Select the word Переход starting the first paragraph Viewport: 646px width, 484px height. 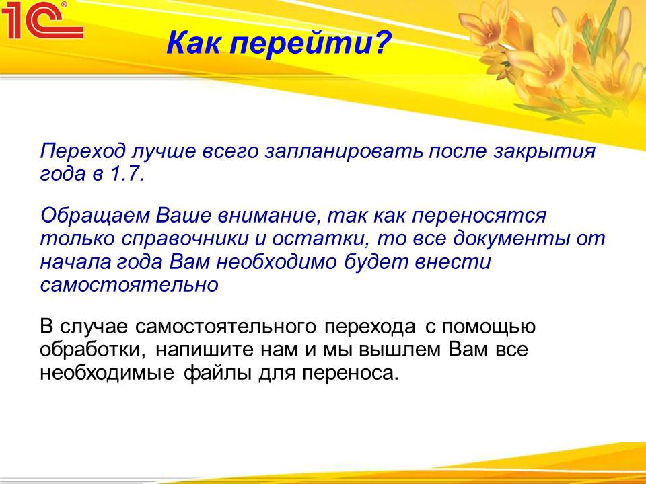(82, 151)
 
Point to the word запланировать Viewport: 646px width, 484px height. (344, 151)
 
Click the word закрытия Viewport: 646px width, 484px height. (544, 151)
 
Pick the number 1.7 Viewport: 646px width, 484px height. (127, 174)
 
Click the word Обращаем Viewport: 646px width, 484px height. (95, 216)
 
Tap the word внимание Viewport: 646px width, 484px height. (269, 216)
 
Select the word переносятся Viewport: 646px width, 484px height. (479, 216)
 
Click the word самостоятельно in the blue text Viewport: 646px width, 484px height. (129, 285)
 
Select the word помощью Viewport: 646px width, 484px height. (489, 327)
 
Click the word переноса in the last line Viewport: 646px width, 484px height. (351, 374)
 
